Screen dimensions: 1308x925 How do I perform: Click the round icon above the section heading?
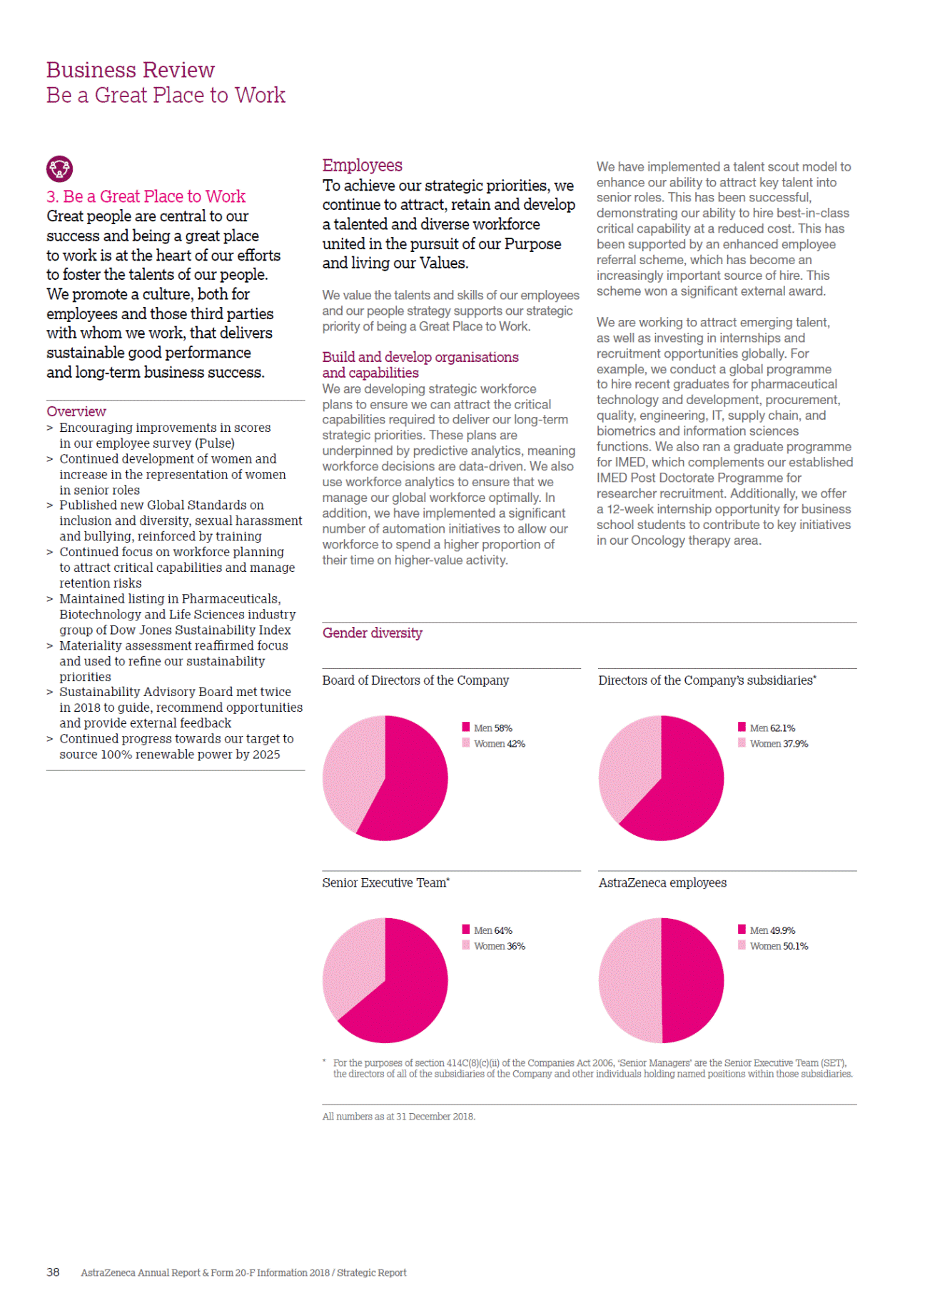click(x=59, y=168)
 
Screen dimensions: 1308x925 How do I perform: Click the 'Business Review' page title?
click(x=130, y=70)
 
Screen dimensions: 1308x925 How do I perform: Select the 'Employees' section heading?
click(x=362, y=165)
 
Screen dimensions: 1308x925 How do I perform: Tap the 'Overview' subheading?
click(x=76, y=411)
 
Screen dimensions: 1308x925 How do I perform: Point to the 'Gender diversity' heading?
click(x=372, y=633)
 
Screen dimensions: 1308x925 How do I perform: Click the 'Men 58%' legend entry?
click(x=487, y=728)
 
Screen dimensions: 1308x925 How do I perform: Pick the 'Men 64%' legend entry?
click(x=487, y=930)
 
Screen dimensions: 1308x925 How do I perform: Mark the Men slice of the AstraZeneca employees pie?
click(x=692, y=980)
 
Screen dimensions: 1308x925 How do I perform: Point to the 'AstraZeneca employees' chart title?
click(x=662, y=882)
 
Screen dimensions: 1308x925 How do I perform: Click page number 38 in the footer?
click(x=53, y=1272)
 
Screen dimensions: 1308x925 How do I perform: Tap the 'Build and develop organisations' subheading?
click(x=420, y=357)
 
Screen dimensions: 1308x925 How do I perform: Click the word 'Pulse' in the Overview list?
click(x=214, y=443)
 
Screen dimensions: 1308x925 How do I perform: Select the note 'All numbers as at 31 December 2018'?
click(x=398, y=1117)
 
